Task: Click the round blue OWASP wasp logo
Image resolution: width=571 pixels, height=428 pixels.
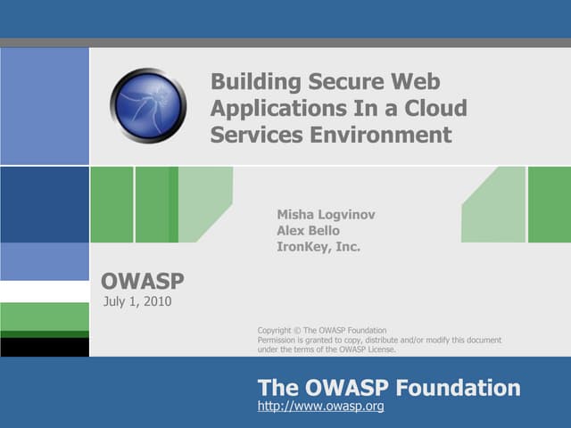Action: coord(148,105)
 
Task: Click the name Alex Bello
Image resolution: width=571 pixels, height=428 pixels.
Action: coord(308,230)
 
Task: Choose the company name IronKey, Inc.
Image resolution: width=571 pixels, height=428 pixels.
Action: coord(319,247)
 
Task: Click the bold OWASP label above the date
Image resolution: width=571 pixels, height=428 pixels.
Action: coord(143,282)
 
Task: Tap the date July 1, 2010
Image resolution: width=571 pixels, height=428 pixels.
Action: coord(137,301)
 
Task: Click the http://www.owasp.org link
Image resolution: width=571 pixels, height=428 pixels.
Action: coord(320,407)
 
